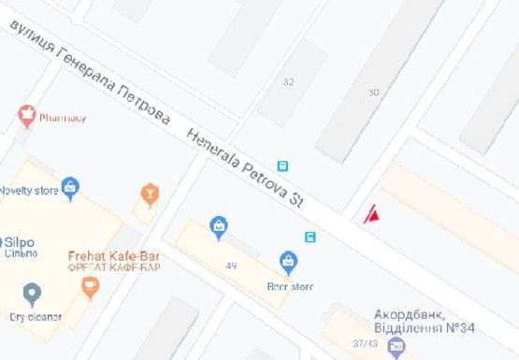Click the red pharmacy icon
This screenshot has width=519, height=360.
(x=26, y=116)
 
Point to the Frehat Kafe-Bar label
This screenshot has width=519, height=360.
(x=113, y=255)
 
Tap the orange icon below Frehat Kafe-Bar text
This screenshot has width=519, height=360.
(x=90, y=288)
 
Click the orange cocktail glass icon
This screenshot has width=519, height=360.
(x=148, y=194)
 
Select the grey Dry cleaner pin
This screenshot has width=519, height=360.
(x=33, y=295)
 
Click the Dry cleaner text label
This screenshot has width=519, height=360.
(x=36, y=317)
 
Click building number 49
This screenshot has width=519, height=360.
(x=230, y=266)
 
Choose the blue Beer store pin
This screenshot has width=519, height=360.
(x=289, y=262)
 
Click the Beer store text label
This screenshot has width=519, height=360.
(x=289, y=286)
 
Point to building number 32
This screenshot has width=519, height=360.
(x=288, y=81)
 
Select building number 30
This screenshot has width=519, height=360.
(x=374, y=92)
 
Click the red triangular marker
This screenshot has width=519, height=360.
(x=372, y=216)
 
